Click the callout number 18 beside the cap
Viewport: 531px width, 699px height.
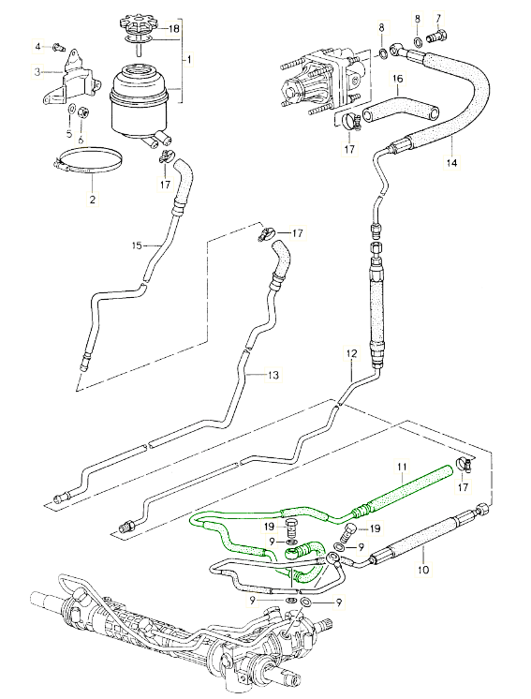coord(173,28)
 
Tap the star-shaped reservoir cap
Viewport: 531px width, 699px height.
coord(137,27)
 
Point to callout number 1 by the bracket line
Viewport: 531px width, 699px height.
coord(189,59)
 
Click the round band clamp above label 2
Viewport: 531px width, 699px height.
coord(89,160)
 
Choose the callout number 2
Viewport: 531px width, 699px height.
coord(92,200)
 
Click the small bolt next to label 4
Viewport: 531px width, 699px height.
coord(57,46)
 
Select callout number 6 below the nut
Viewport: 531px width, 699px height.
coord(81,139)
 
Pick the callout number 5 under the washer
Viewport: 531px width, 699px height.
coord(69,133)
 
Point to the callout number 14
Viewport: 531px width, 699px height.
coord(451,163)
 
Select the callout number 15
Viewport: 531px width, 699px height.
coord(138,245)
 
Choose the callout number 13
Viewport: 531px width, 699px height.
coord(273,375)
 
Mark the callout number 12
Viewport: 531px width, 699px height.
coord(351,354)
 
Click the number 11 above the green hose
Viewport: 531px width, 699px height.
coord(402,467)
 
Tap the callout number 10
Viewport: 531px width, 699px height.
coord(423,570)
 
